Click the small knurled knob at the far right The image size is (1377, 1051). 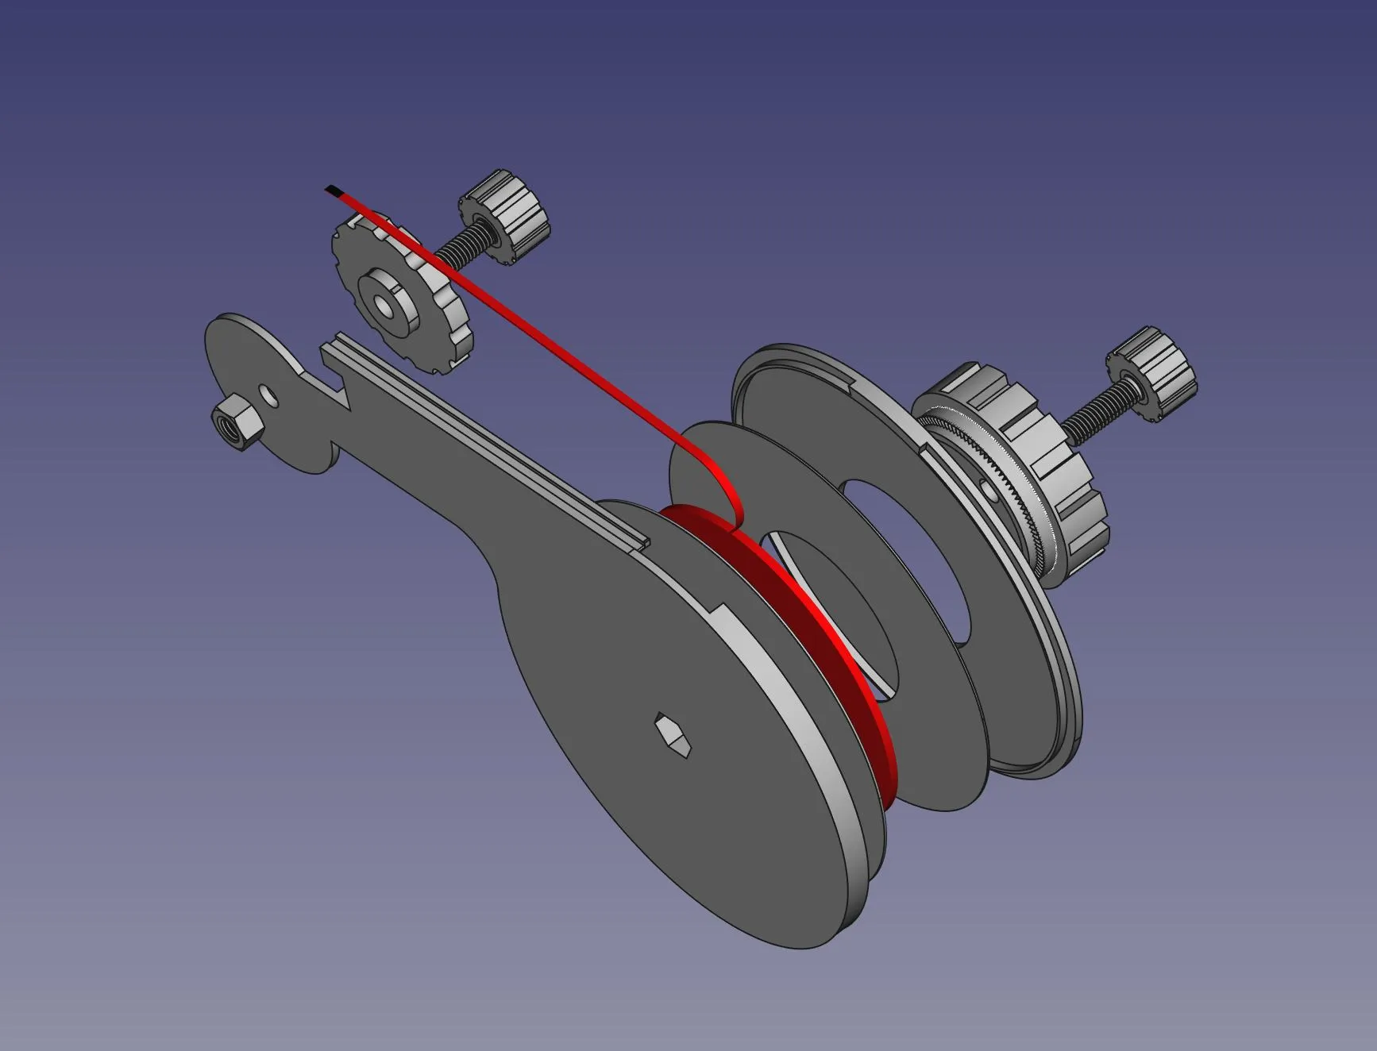(1151, 373)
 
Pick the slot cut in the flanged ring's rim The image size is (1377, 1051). (927, 449)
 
